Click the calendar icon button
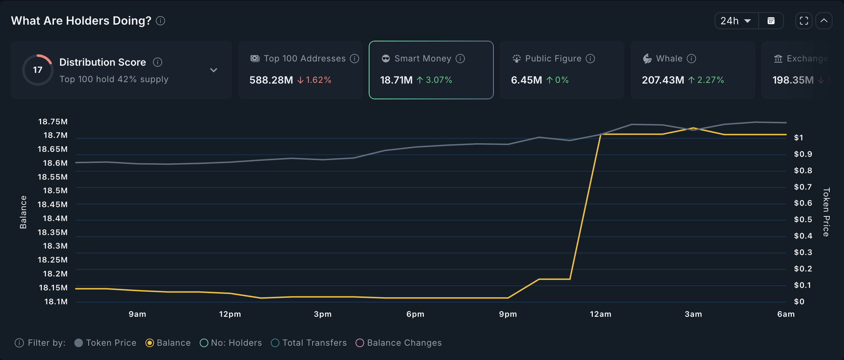[x=771, y=21]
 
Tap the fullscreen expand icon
[x=804, y=21]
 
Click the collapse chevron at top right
[x=824, y=21]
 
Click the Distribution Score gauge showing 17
[x=38, y=70]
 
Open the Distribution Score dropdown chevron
[x=214, y=70]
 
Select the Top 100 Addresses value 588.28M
[x=271, y=80]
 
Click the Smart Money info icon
[x=461, y=59]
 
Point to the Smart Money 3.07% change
[x=435, y=80]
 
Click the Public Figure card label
[x=553, y=59]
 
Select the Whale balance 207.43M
[x=663, y=80]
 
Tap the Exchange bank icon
[x=778, y=59]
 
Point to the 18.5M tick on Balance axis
[x=55, y=191]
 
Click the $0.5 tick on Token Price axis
[x=803, y=220]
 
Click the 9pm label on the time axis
[x=508, y=314]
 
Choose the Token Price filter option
[x=106, y=343]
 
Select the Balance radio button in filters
[x=150, y=343]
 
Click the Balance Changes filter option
[x=399, y=343]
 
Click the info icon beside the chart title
[x=161, y=21]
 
